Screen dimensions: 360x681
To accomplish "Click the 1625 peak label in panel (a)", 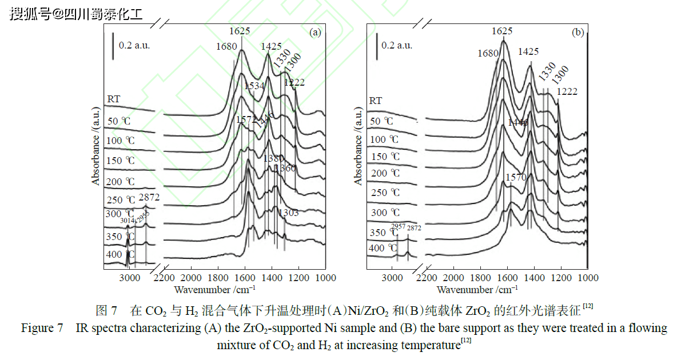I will [240, 31].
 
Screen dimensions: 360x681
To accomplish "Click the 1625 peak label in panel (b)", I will [502, 31].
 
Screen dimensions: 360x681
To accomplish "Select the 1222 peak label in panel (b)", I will [567, 91].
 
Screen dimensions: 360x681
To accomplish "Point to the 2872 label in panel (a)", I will [149, 198].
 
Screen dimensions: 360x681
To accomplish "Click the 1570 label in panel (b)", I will [516, 178].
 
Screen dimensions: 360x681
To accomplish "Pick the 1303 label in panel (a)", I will [288, 213].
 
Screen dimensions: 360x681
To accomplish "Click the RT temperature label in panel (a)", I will [113, 99].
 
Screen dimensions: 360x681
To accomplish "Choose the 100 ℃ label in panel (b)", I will [385, 139].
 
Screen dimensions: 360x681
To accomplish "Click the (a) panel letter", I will [314, 33].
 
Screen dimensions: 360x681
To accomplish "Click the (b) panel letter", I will [578, 33].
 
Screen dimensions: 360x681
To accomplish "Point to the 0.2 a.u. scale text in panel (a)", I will [134, 45].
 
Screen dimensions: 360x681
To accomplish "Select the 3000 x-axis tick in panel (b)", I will [392, 278].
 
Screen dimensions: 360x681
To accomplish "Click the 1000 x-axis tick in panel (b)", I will [588, 278].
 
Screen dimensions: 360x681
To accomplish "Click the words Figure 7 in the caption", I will [42, 329].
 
